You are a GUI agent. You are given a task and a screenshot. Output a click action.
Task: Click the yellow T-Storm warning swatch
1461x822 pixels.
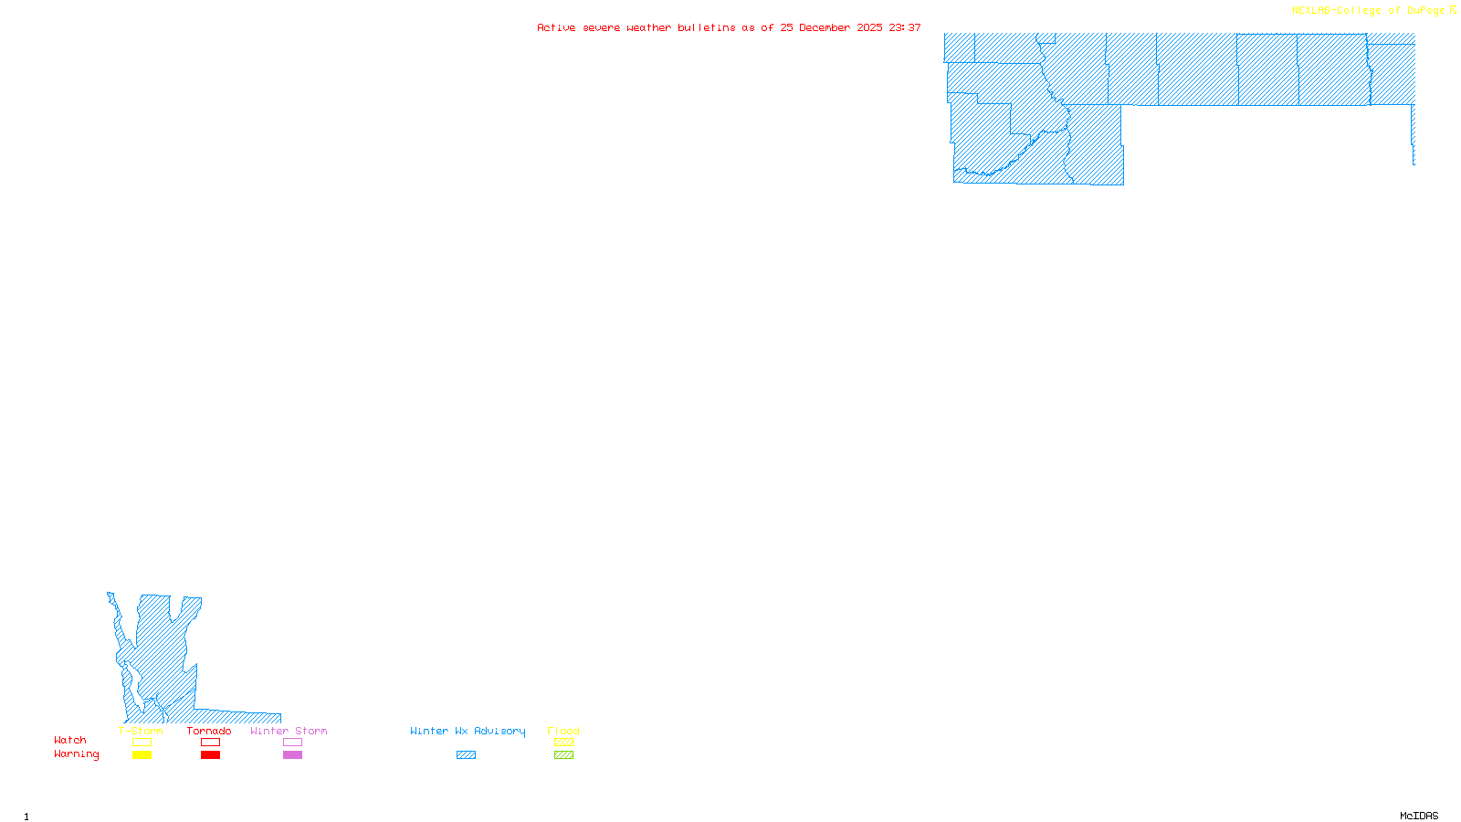pyautogui.click(x=142, y=755)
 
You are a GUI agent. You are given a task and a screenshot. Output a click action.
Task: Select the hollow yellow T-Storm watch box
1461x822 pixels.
pyautogui.click(x=142, y=743)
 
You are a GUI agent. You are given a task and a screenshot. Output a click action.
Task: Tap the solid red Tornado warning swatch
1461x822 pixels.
pyautogui.click(x=210, y=755)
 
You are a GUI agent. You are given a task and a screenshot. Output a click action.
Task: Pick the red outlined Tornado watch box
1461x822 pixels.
pyautogui.click(x=210, y=743)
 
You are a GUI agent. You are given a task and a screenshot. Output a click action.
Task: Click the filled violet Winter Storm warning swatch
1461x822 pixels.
pyautogui.click(x=292, y=755)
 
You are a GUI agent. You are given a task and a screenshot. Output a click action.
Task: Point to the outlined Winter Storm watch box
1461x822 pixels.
pyautogui.click(x=292, y=743)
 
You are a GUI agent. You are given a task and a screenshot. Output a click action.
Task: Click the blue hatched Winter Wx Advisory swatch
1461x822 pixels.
pyautogui.click(x=466, y=755)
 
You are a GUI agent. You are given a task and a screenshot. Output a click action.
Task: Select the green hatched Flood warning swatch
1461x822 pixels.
pyautogui.click(x=563, y=755)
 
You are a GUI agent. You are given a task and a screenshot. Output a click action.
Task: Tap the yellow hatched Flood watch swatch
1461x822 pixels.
pyautogui.click(x=563, y=743)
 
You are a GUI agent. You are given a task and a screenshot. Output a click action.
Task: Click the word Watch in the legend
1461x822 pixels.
pyautogui.click(x=70, y=741)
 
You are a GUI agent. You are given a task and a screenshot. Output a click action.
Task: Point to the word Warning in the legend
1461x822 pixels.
pyautogui.click(x=76, y=754)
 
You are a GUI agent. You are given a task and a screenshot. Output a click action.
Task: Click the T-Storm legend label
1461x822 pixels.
pyautogui.click(x=141, y=731)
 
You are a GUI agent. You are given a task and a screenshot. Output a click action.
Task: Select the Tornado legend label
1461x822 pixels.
pyautogui.click(x=209, y=731)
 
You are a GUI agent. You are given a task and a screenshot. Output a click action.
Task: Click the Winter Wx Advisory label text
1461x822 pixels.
pyautogui.click(x=468, y=731)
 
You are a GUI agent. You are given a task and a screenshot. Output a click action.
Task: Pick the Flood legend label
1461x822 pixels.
pyautogui.click(x=563, y=731)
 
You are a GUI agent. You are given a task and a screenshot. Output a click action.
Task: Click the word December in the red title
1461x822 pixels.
pyautogui.click(x=825, y=27)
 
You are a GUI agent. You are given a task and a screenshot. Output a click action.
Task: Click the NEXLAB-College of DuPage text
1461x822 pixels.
pyautogui.click(x=1368, y=11)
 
